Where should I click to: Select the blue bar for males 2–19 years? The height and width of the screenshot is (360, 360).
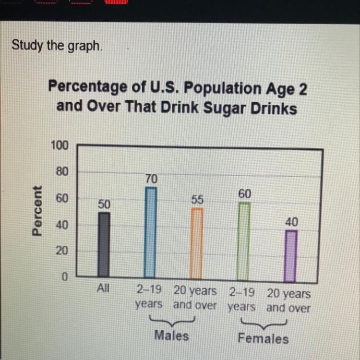[150, 233]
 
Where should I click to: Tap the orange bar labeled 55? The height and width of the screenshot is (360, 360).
[196, 243]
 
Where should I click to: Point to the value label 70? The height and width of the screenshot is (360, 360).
[151, 179]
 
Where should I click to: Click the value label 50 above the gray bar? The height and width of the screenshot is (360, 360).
[104, 204]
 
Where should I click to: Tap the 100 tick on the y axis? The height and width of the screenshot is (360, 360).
[60, 145]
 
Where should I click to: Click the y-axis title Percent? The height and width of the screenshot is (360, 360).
[37, 211]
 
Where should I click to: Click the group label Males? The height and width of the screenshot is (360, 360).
[171, 335]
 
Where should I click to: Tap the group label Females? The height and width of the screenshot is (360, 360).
[263, 338]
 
